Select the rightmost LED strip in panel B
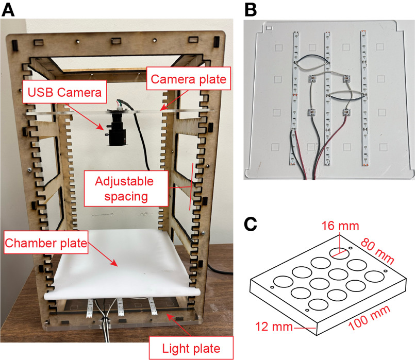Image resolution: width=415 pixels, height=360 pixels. pos(363,98)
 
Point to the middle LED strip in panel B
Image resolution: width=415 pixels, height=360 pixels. pos(327,98)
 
